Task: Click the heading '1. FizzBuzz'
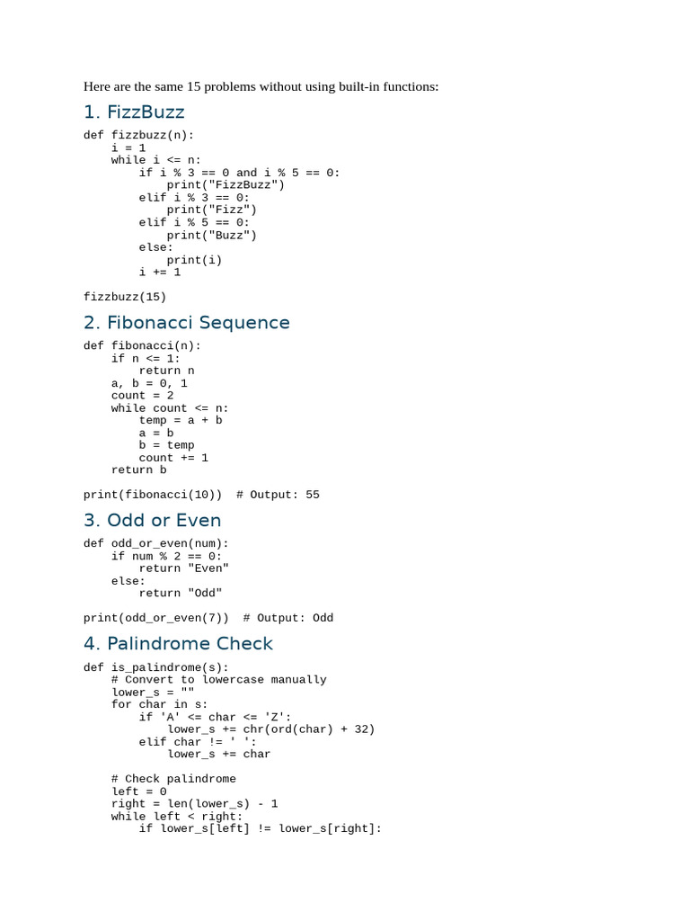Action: tap(134, 112)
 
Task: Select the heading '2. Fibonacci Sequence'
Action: tap(187, 323)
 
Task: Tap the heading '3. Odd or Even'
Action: tap(153, 521)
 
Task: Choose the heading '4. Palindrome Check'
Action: tap(179, 644)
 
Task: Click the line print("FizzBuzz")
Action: tap(226, 185)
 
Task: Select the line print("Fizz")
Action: tap(212, 210)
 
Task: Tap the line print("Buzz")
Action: tap(212, 236)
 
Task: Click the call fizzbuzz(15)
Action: tap(125, 297)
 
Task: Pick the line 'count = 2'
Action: tap(143, 396)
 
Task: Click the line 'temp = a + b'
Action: tap(181, 421)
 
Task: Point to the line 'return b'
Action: tap(139, 469)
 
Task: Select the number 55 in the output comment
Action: tap(313, 495)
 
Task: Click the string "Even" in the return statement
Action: tap(208, 568)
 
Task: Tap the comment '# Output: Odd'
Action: tap(288, 618)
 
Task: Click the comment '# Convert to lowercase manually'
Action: tap(219, 680)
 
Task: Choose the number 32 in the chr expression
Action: tap(361, 729)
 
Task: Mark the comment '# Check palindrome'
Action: tap(173, 779)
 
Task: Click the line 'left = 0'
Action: tap(139, 791)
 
